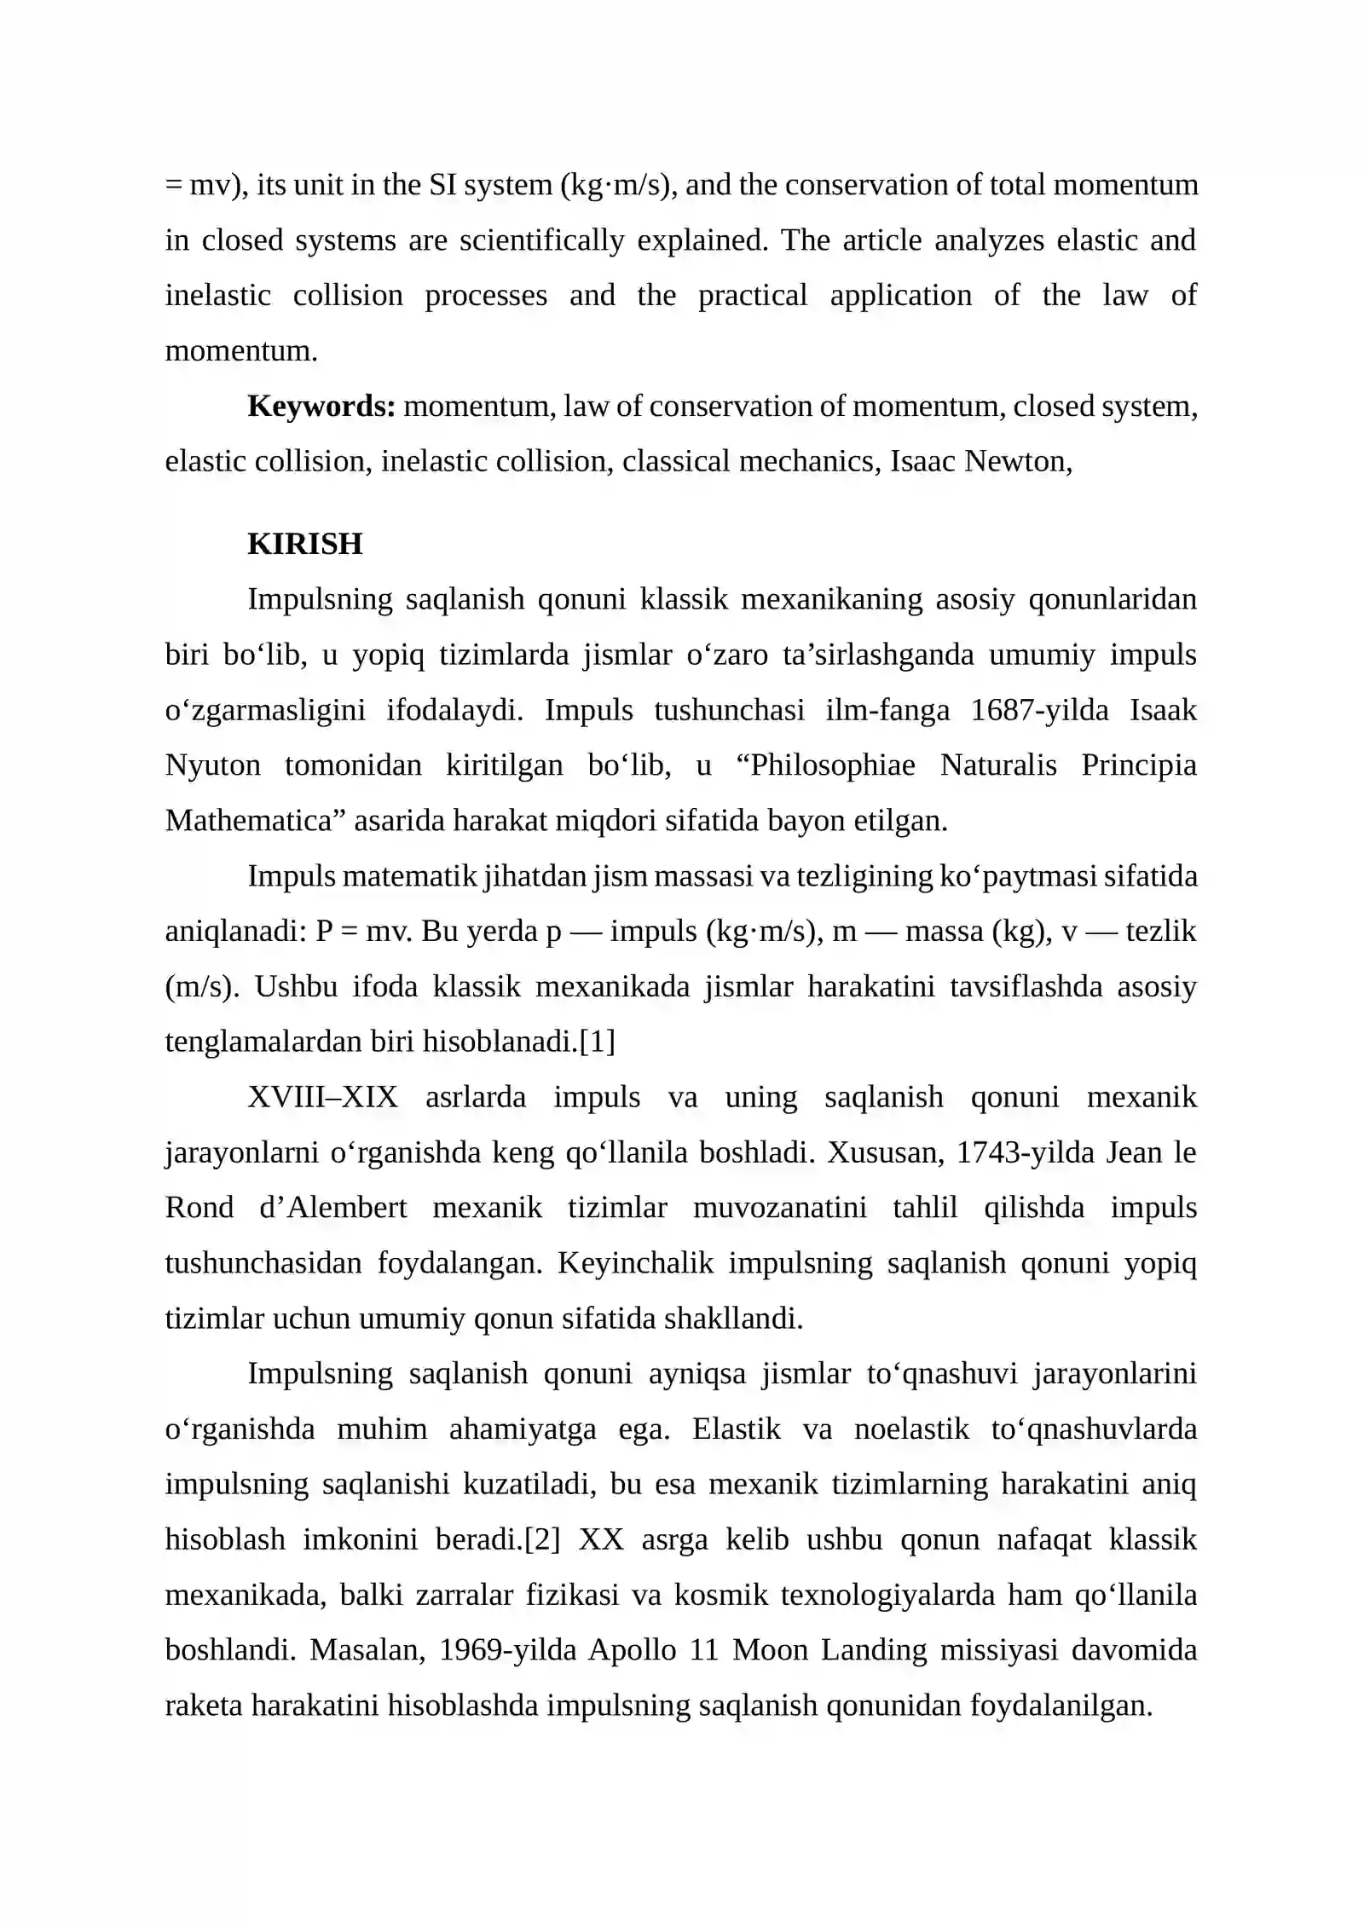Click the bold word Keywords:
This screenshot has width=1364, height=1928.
pos(321,407)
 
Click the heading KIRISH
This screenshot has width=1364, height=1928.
pos(304,544)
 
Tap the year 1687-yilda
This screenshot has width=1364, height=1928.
pos(1039,710)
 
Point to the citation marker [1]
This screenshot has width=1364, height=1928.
pos(597,1042)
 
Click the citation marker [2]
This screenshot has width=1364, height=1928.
pos(541,1539)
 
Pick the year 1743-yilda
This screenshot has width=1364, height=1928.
pos(1025,1152)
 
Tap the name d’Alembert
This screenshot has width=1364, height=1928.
pos(332,1208)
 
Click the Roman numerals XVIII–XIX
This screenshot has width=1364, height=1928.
pos(322,1097)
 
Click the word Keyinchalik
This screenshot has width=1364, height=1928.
pos(635,1263)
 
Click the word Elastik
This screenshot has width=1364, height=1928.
pos(736,1429)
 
